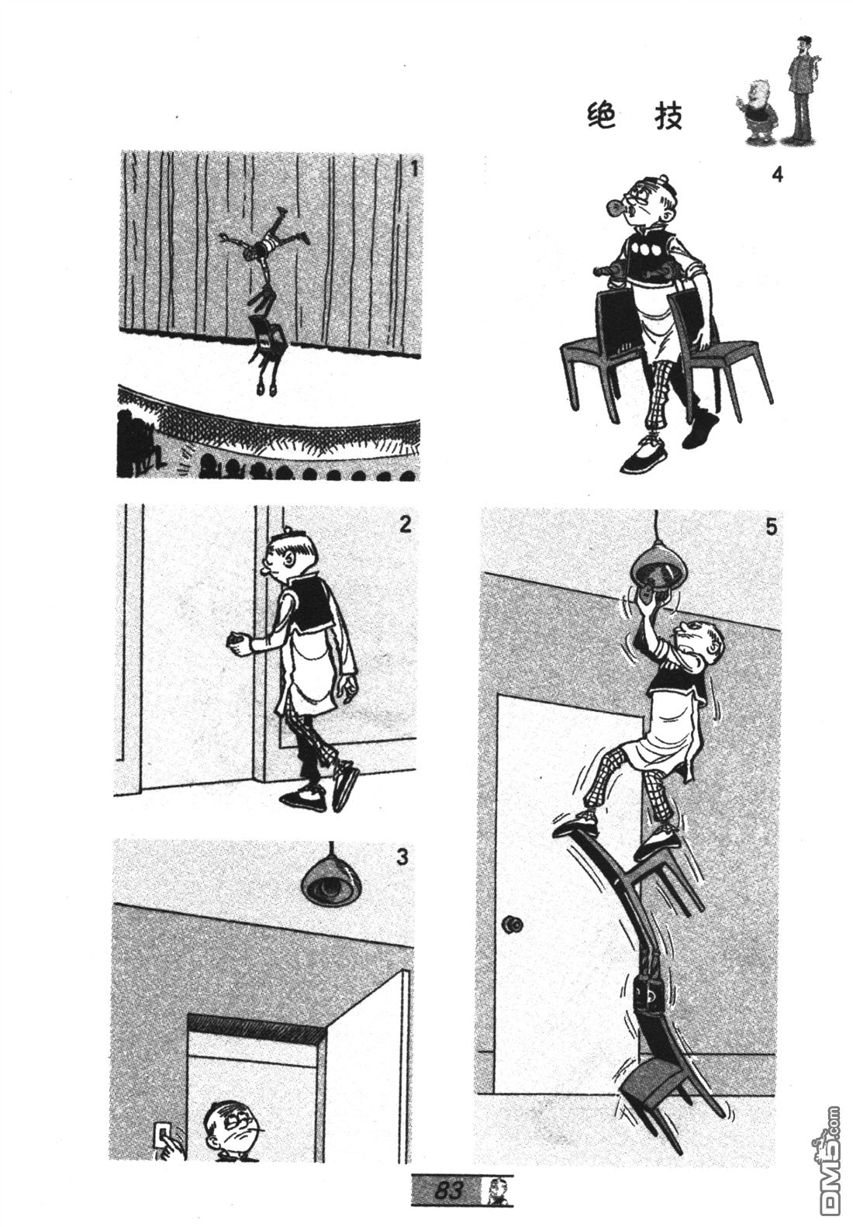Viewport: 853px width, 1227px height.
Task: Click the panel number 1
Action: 414,169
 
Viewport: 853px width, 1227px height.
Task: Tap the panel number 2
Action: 404,525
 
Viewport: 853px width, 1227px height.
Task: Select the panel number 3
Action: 402,856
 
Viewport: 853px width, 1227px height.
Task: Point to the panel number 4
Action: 777,175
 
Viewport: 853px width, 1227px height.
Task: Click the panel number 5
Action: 771,527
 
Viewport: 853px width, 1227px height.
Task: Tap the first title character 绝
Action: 601,116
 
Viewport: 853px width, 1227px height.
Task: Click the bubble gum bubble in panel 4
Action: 616,208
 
